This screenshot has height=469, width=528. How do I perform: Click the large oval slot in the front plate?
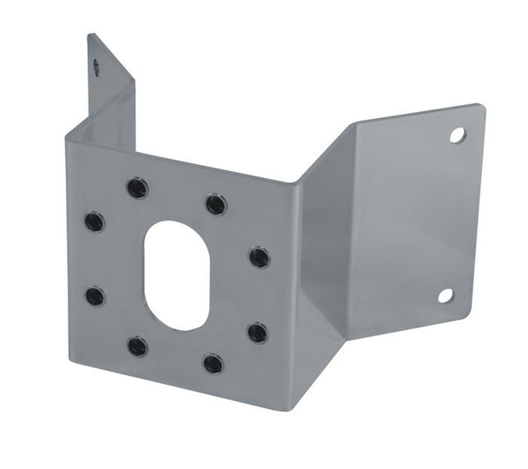pos(177,274)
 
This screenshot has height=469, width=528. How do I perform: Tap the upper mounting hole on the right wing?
pos(457,135)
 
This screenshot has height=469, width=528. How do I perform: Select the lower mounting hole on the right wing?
pos(445,295)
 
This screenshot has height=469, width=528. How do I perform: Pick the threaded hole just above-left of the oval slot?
pos(136,188)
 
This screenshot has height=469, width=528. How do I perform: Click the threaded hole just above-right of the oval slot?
pos(216,204)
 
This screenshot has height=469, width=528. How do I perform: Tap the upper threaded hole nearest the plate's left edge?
pos(95,221)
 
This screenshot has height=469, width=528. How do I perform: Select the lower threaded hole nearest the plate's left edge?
pos(95,296)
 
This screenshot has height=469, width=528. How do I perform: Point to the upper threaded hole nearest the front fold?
pos(259,257)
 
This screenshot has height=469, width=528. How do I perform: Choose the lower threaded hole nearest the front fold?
pos(257,333)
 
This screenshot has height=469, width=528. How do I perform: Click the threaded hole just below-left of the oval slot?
pos(137,347)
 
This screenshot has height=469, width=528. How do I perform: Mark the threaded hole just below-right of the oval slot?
pos(214,363)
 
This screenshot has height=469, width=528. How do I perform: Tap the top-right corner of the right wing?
pos(481,106)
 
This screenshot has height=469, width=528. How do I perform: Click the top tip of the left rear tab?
pos(90,35)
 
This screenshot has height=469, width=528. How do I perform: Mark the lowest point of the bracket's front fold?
pos(291,408)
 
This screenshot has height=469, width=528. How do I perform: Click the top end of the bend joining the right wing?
pos(352,123)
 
